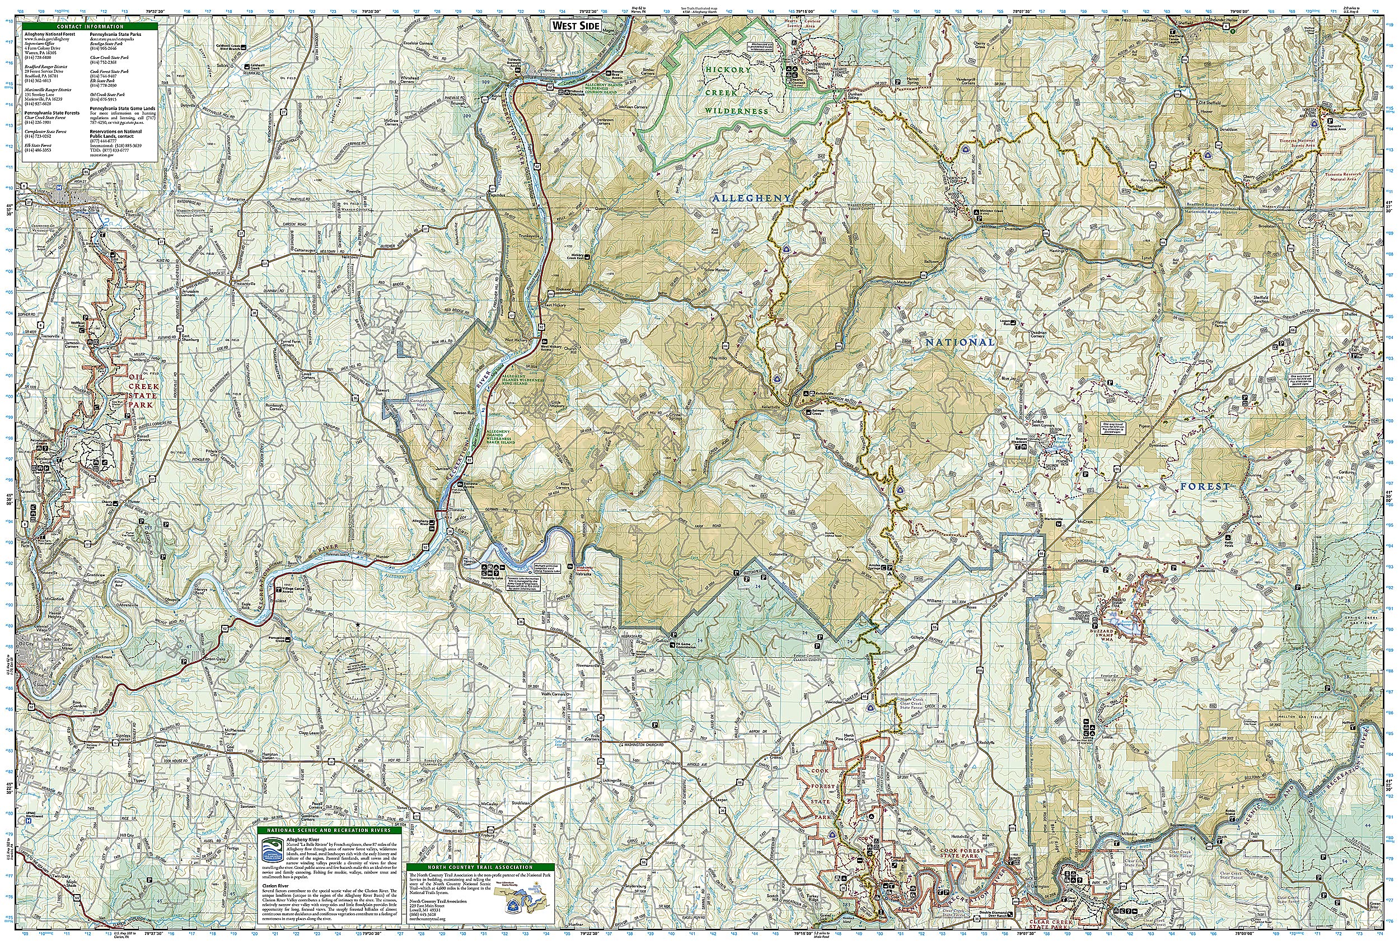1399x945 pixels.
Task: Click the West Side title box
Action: click(575, 26)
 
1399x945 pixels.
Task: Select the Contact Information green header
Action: click(90, 27)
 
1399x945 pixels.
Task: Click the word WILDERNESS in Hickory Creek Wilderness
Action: click(737, 111)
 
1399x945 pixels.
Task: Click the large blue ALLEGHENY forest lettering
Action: click(751, 198)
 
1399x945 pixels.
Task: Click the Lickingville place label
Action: click(611, 780)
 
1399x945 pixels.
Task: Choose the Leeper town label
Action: click(721, 799)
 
